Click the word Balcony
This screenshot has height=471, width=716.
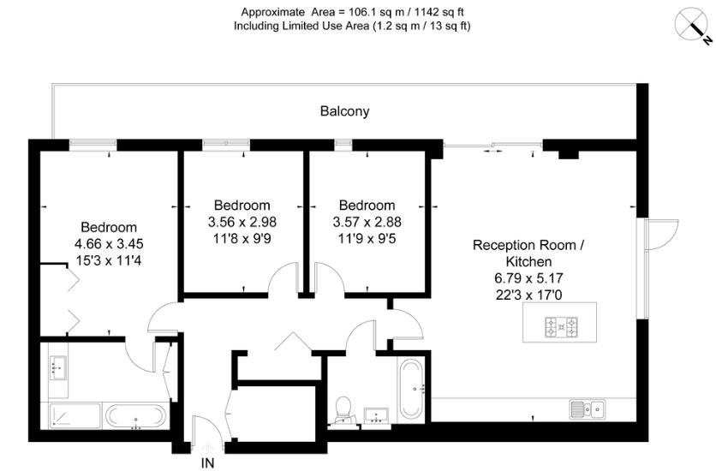(344, 111)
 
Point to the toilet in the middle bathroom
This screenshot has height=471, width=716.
(344, 408)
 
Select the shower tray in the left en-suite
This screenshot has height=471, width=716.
(75, 416)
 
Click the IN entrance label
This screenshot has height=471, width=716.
(207, 463)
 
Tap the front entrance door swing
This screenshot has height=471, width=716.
(204, 432)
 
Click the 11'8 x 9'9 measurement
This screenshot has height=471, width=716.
(242, 237)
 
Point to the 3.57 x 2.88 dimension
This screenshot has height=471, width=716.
(367, 221)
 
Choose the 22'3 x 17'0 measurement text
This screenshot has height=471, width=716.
(528, 294)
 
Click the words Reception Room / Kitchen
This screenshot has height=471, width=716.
(528, 253)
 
